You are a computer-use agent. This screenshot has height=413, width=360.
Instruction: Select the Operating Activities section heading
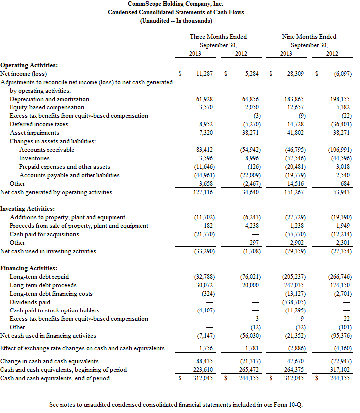tap(29, 65)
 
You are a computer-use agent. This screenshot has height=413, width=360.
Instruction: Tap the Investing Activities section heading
tap(28, 209)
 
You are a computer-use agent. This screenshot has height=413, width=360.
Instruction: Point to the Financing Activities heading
tap(29, 268)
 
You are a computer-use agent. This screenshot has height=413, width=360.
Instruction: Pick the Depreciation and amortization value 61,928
tap(204, 99)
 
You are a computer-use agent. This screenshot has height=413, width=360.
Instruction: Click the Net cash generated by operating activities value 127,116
tap(203, 192)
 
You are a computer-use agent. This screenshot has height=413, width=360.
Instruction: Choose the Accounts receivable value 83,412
tap(204, 150)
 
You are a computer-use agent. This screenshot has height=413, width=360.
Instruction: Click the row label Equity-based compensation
tap(47, 107)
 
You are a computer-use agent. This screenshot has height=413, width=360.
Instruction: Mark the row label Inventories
tap(34, 158)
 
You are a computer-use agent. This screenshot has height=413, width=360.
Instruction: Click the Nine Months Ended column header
tap(309, 37)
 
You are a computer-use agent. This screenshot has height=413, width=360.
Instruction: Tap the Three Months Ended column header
tap(218, 37)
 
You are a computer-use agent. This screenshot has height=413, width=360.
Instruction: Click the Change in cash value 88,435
tap(204, 361)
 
